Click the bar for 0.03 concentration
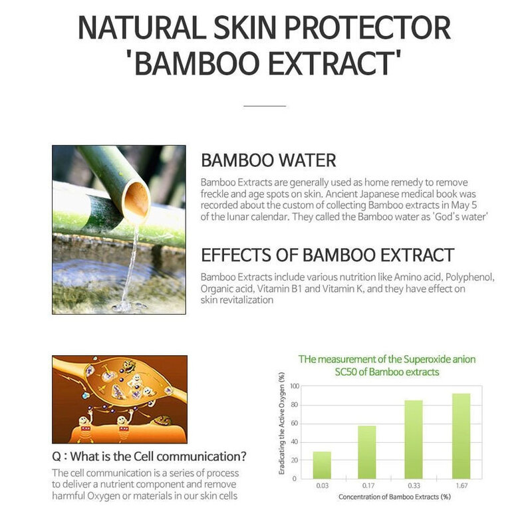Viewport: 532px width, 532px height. pos(321,464)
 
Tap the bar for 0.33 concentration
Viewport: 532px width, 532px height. pos(413,438)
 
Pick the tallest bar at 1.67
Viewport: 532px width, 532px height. pos(460,436)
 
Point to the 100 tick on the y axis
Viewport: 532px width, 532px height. pos(295,386)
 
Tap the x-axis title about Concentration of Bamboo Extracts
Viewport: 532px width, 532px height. pos(390,497)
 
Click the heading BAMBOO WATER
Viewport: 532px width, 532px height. pos(268,160)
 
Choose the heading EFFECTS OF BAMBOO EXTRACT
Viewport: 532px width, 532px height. pos(327,255)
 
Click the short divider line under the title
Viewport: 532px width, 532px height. pos(265,105)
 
